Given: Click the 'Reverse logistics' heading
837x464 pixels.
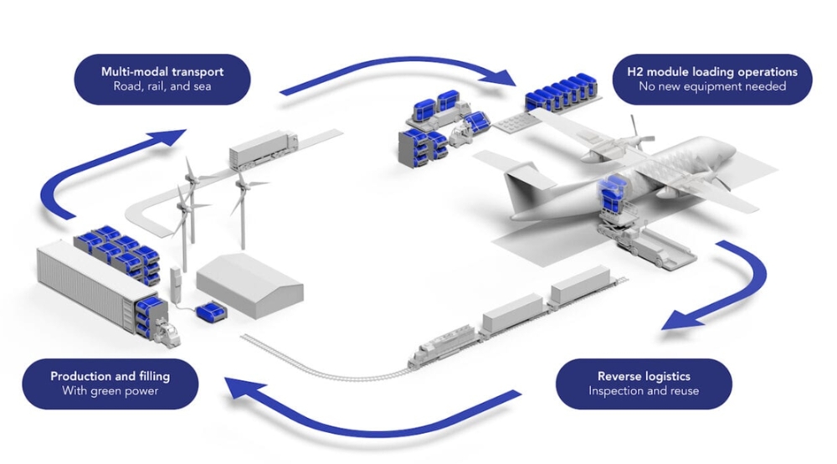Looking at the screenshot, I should click(x=644, y=376).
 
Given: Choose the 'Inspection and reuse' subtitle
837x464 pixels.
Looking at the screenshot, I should click(x=644, y=391).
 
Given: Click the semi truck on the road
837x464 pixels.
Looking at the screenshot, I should click(x=263, y=148).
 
